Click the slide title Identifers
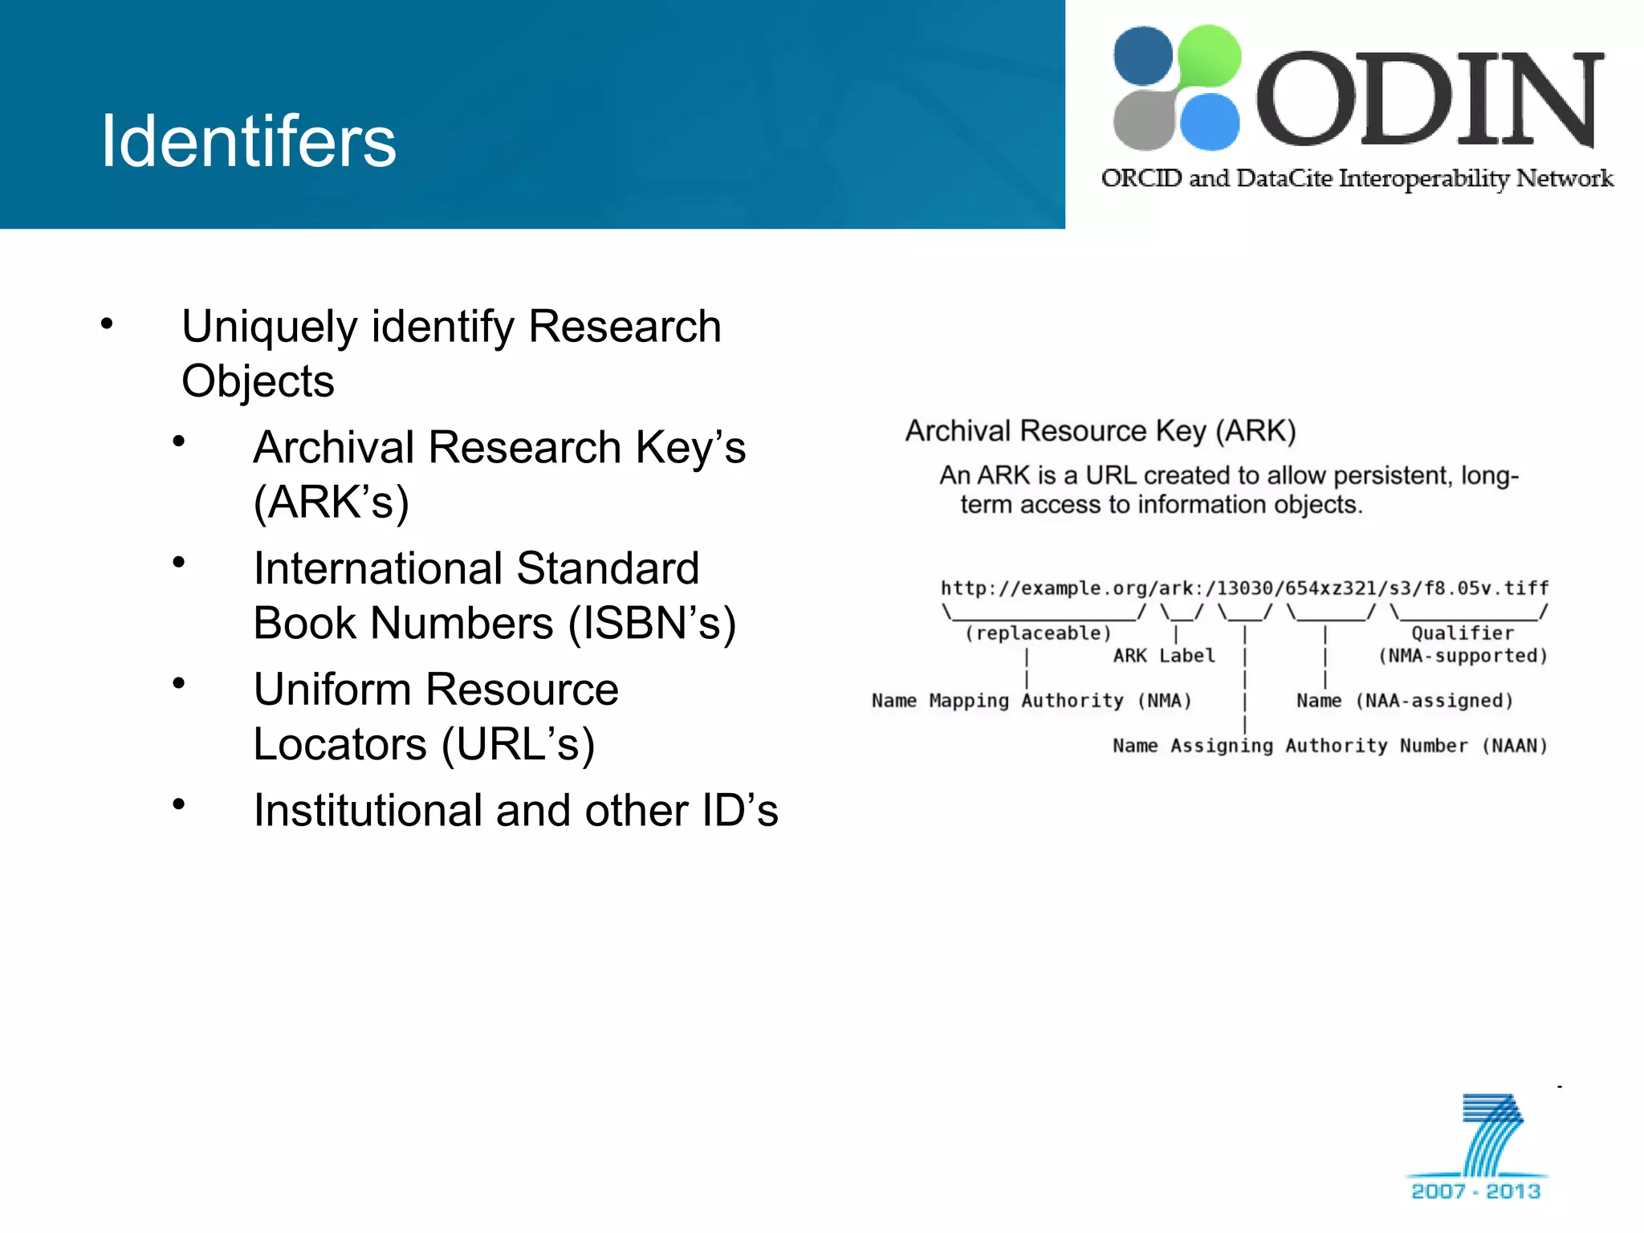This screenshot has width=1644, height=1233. click(248, 141)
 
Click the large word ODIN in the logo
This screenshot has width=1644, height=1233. click(1429, 100)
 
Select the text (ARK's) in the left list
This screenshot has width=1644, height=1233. click(332, 503)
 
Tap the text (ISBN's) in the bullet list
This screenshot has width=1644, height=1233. click(652, 624)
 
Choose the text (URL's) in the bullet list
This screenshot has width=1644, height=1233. click(519, 745)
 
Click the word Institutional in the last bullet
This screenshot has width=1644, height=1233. click(367, 811)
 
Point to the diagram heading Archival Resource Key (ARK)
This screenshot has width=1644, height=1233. click(1101, 431)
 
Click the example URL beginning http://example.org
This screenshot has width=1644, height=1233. click(1244, 588)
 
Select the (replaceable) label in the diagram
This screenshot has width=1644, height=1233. click(1038, 633)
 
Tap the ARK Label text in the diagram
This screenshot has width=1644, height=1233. click(1164, 656)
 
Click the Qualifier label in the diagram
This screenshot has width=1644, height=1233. click(1463, 633)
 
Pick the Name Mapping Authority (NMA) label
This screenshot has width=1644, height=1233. click(1032, 701)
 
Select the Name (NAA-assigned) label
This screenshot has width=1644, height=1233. click(1405, 701)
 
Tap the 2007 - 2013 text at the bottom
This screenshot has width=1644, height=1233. click(1475, 1191)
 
